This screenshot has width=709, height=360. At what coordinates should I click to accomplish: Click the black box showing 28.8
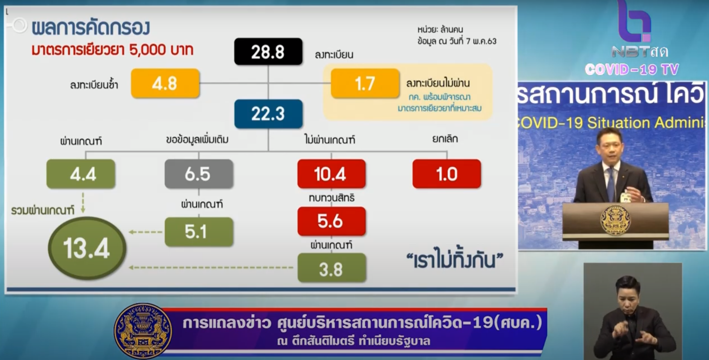coord(268,51)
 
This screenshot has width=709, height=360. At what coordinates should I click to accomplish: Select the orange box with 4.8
coord(165,83)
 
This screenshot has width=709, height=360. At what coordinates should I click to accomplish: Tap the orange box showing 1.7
coord(365,83)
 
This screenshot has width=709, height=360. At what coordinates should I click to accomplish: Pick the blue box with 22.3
coord(268,114)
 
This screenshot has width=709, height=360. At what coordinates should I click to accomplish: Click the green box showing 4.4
coord(81,174)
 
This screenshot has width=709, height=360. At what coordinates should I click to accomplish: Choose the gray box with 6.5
coord(199,174)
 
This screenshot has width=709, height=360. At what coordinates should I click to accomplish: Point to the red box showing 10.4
coord(331,174)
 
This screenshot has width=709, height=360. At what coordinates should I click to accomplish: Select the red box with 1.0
coord(447,174)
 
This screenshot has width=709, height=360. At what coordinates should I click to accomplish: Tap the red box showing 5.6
coord(331,221)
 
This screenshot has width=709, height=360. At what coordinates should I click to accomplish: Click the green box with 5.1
coord(199,232)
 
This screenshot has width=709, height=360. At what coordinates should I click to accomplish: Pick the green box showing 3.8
coord(331,268)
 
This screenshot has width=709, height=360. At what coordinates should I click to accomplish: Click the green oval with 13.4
coord(87,248)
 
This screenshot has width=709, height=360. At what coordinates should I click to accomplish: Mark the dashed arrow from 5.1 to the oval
coord(146,232)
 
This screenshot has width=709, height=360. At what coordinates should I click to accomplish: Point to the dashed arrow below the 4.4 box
coord(83,203)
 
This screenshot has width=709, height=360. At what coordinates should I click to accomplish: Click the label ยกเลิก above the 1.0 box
coord(445,139)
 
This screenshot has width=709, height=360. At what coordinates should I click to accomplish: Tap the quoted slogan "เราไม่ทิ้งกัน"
coord(455,260)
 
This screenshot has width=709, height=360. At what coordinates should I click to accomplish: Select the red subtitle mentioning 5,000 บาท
coord(112,50)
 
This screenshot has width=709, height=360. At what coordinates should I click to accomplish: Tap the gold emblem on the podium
coord(616,220)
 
